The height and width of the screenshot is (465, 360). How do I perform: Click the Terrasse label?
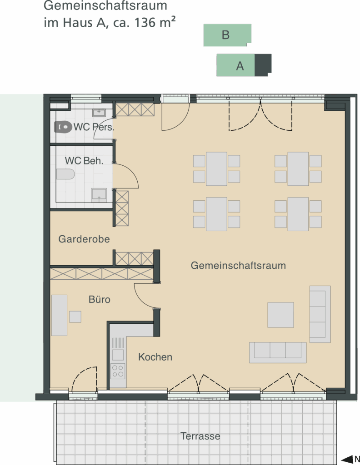point(200,436)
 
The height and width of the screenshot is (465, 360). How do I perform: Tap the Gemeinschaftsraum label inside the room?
point(238,266)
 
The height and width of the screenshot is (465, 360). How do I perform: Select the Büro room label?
point(100,300)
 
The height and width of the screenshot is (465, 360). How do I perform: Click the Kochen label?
point(155,357)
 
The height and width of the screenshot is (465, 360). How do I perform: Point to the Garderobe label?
point(84,239)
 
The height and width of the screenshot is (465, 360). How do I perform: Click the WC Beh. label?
point(84,161)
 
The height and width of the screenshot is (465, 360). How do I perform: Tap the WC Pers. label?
point(97,127)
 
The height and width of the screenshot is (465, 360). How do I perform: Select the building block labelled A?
point(240,65)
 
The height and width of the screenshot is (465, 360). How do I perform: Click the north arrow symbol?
point(350,459)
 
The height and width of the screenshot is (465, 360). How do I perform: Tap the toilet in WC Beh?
point(65,174)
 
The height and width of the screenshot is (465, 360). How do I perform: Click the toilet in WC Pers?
point(63,127)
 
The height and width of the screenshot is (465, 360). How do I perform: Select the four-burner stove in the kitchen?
point(118,371)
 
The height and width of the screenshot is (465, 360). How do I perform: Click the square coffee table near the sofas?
point(280,315)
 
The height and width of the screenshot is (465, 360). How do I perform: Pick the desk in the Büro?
point(59,315)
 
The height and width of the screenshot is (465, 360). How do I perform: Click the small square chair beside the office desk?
point(75,317)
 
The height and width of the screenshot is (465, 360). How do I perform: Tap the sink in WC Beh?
point(99,194)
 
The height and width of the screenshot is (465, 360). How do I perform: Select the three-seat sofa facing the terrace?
point(278,352)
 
